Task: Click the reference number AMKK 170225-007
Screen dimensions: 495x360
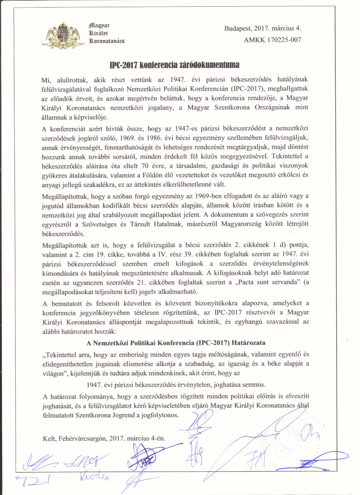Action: coord(273,39)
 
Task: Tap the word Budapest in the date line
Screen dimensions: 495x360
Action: coord(240,28)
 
